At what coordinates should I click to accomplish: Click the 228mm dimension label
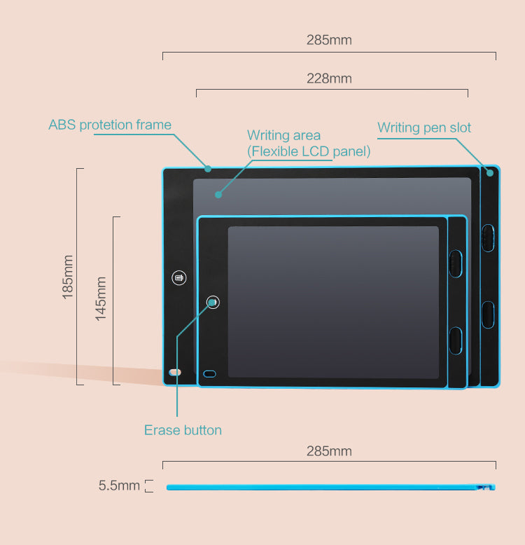click(x=329, y=78)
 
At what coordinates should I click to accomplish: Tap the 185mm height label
click(x=68, y=277)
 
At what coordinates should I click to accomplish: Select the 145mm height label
click(x=101, y=299)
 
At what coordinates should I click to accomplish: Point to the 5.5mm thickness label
click(x=119, y=485)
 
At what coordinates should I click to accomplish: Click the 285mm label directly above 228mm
click(x=329, y=40)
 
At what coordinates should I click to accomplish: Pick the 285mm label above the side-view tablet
click(x=329, y=450)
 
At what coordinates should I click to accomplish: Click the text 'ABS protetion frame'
click(x=110, y=125)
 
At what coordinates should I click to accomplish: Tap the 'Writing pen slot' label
click(x=424, y=127)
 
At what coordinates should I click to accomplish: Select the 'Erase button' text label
click(x=183, y=430)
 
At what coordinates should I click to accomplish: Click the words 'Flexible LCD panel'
click(x=309, y=151)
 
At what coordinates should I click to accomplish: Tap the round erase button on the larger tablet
click(x=179, y=278)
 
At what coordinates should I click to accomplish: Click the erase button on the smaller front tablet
click(x=213, y=302)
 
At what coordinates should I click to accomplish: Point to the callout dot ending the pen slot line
click(x=489, y=172)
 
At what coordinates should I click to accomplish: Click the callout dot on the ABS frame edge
click(x=208, y=168)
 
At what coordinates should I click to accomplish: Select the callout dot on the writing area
click(x=218, y=195)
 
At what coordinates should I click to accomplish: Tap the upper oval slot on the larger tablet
click(x=487, y=237)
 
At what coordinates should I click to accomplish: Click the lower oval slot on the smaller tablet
click(x=456, y=339)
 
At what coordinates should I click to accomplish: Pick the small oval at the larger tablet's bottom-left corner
click(x=175, y=372)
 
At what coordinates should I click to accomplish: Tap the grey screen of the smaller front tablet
click(x=333, y=301)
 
